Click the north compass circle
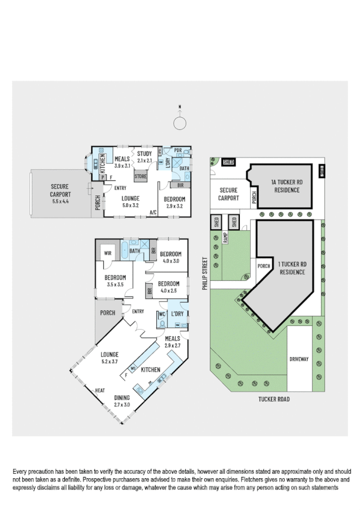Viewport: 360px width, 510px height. point(180,123)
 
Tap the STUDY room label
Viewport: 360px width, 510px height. point(144,153)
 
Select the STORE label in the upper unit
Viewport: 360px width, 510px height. point(141,176)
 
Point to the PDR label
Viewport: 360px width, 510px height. point(178,150)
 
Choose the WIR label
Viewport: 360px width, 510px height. point(109,253)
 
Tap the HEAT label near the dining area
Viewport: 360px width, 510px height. point(100,391)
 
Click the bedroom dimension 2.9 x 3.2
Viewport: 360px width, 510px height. point(175,206)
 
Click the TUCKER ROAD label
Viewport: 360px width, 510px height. point(275,398)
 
